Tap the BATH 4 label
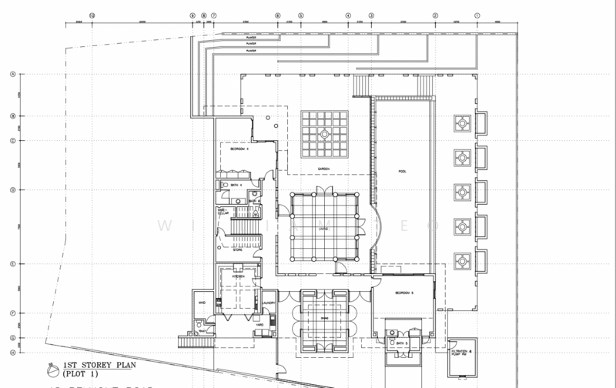pyautogui.click(x=236, y=185)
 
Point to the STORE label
pyautogui.click(x=239, y=249)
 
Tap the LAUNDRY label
pyautogui.click(x=269, y=303)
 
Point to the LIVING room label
pyautogui.click(x=324, y=228)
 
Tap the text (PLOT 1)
pyautogui.click(x=75, y=372)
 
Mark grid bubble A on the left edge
pyautogui.click(x=12, y=75)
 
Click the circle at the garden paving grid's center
pyautogui.click(x=323, y=132)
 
